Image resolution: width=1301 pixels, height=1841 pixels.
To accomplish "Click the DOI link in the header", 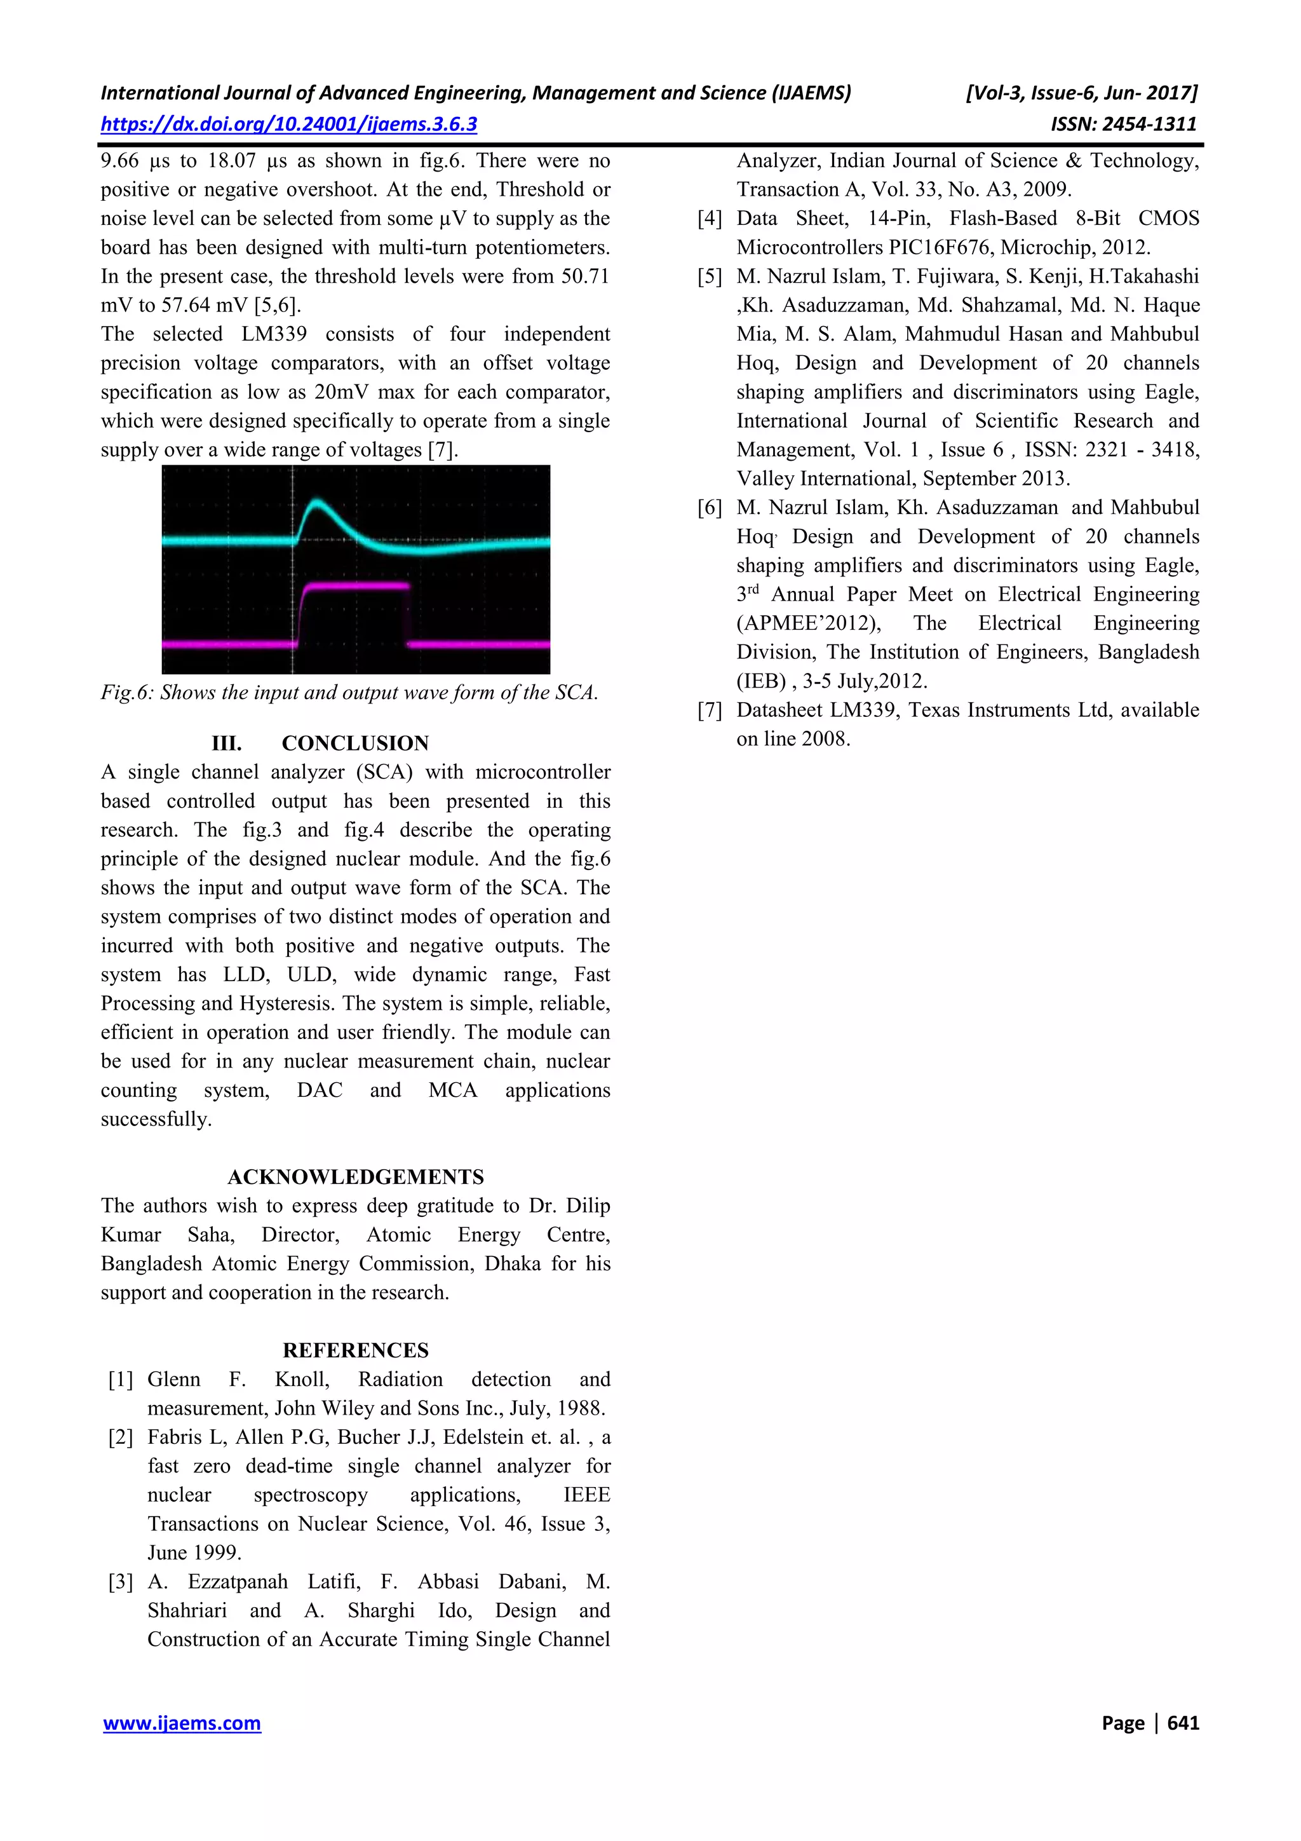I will [x=288, y=125].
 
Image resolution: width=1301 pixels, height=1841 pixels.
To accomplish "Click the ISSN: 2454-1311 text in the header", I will [x=1123, y=125].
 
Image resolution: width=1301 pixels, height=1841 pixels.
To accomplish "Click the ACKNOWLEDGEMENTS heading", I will [x=355, y=1176].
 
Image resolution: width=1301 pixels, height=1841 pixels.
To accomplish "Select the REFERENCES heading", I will [x=355, y=1350].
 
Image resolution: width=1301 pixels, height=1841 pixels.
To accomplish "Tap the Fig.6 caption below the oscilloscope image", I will [x=349, y=693].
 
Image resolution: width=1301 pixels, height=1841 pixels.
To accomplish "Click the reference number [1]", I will [x=121, y=1379].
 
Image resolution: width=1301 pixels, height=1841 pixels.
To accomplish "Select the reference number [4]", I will [x=710, y=218].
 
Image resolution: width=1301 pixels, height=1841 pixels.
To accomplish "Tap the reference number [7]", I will [x=710, y=710].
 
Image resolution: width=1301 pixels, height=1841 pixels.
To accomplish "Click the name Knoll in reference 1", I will [x=301, y=1379].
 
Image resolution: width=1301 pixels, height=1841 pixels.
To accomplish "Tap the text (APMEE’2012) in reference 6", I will [x=808, y=623].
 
